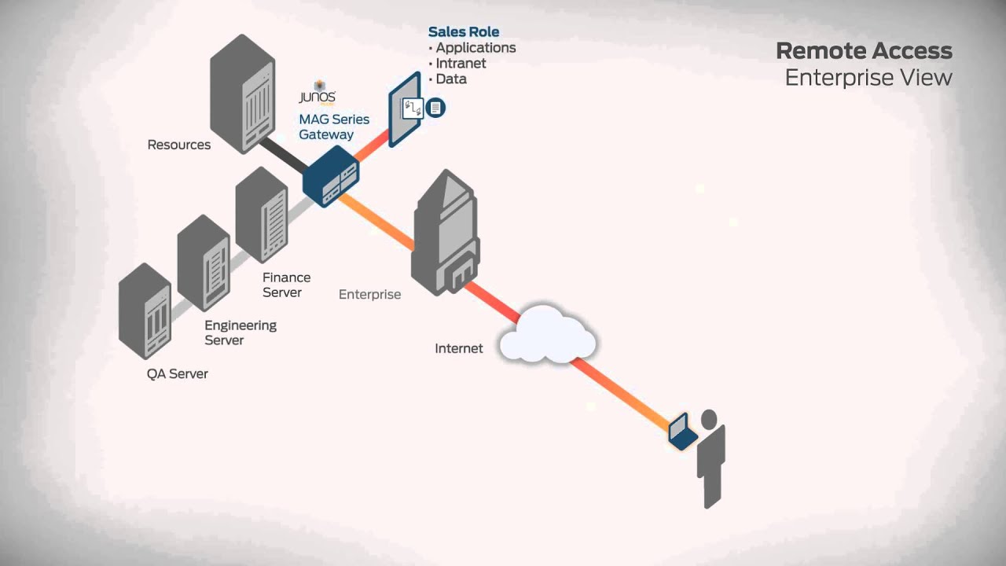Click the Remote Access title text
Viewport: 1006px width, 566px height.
[864, 51]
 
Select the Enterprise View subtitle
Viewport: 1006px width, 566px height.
[868, 78]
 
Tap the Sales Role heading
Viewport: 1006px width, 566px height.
[464, 32]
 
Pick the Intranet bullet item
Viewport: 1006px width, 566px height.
[460, 64]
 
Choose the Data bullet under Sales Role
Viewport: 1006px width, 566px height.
[450, 79]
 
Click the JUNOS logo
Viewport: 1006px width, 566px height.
[318, 94]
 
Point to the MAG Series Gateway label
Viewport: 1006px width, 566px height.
[333, 127]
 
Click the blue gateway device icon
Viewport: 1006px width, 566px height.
[331, 180]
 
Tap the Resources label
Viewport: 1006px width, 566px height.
[179, 145]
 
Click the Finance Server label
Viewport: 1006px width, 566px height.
[286, 285]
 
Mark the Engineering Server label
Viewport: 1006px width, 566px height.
[240, 333]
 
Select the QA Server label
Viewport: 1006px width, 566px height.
[178, 374]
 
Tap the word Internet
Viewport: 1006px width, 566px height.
[459, 348]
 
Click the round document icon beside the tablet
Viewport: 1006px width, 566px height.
[436, 107]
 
